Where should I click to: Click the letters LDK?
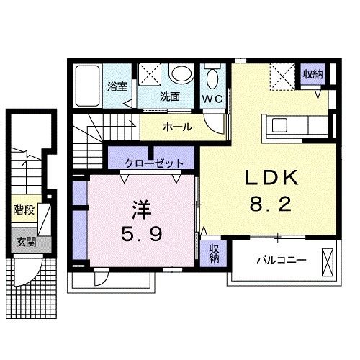pos(270,177)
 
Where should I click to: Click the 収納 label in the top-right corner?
pos(312,75)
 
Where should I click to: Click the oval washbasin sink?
pos(181,74)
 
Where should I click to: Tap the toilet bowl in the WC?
pos(213,78)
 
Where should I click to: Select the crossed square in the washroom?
pos(150,74)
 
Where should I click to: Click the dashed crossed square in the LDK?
pos(280,75)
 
